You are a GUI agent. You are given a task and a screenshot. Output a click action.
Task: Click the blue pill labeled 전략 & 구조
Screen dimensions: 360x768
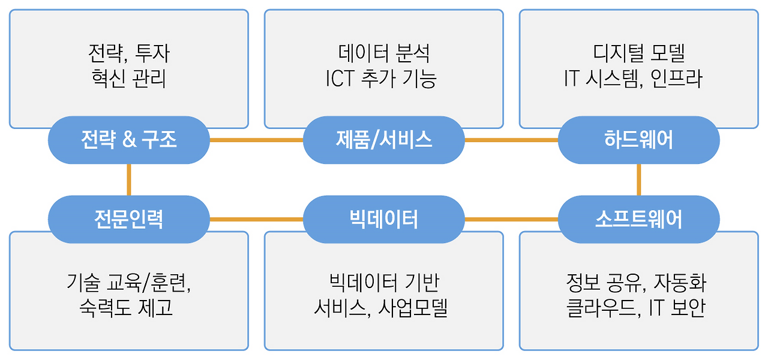pos(128,140)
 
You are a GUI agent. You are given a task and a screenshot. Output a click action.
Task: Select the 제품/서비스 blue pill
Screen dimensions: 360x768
pos(384,140)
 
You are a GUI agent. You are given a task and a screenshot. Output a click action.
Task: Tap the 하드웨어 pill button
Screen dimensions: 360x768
pos(638,140)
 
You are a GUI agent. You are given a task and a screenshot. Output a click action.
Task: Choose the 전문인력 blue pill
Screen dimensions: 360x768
pos(128,219)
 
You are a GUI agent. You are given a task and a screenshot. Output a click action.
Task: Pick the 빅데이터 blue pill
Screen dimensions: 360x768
pos(384,219)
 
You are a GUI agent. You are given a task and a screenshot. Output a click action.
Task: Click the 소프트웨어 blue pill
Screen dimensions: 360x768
pos(638,219)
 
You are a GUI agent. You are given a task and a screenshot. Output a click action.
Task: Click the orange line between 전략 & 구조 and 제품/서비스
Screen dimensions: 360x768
pos(256,140)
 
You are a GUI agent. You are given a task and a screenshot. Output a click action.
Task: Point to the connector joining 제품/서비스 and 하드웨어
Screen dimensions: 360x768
pos(511,140)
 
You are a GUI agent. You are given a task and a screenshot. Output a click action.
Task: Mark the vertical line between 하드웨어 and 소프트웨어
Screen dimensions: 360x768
pos(638,179)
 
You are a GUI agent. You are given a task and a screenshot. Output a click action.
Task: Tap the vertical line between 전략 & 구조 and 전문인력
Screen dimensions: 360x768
pos(128,179)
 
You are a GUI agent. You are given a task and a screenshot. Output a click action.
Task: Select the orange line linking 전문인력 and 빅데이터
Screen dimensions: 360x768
pos(256,219)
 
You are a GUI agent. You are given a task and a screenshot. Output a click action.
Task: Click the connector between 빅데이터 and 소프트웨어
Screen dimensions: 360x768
pos(511,219)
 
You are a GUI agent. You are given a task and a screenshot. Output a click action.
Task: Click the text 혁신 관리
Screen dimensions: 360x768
pos(128,79)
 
